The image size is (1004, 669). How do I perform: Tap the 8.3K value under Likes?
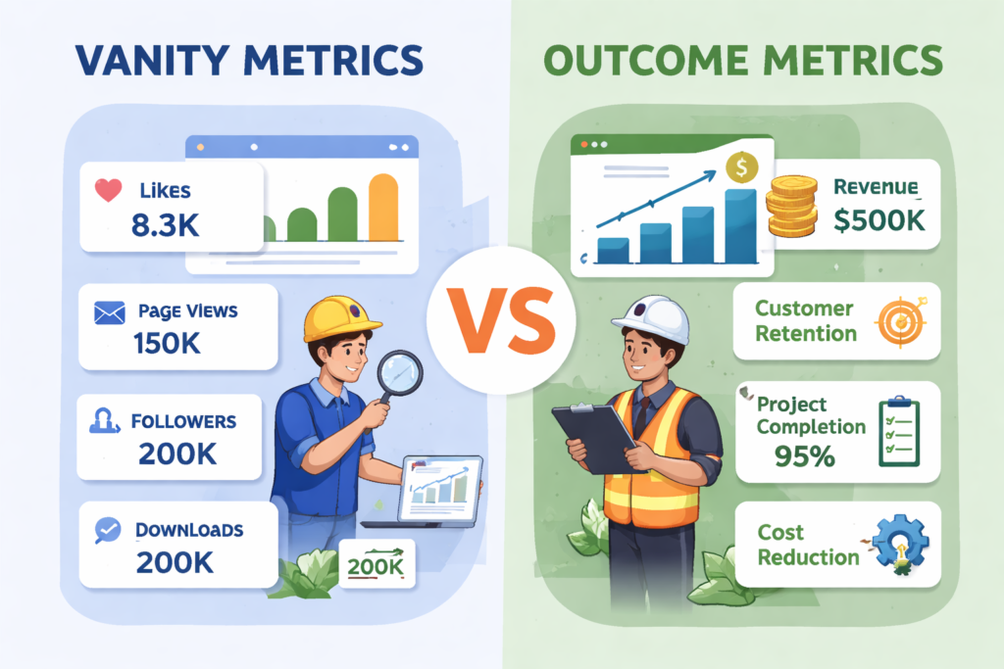165,226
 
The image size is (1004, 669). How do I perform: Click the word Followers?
183,422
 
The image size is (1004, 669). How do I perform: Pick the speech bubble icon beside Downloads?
107,530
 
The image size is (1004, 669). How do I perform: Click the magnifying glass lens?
400,372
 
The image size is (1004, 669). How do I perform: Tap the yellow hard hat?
341,316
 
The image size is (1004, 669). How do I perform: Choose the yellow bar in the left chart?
384,207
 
